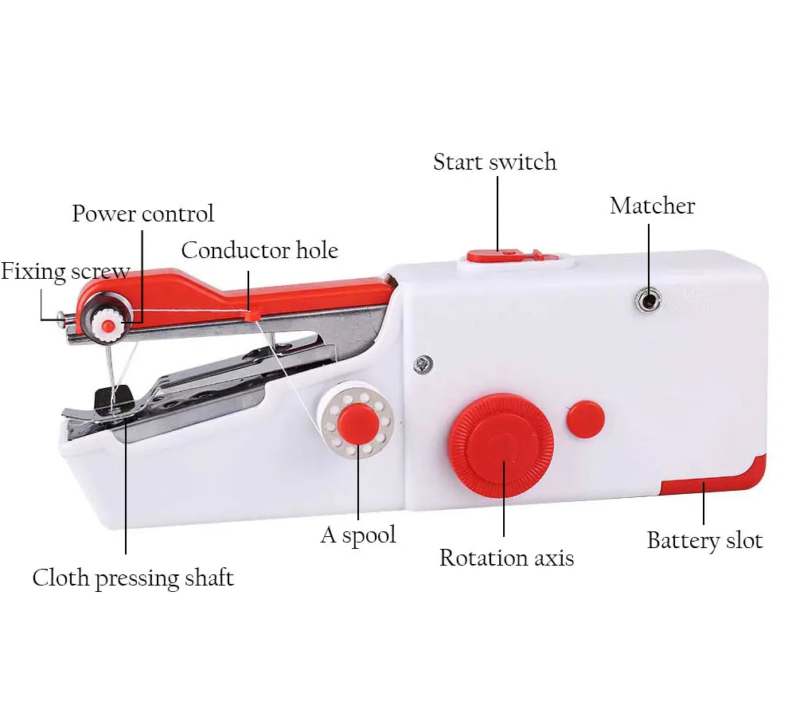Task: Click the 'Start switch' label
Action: pyautogui.click(x=494, y=162)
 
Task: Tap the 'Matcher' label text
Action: pyautogui.click(x=653, y=206)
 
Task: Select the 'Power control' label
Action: pyautogui.click(x=142, y=214)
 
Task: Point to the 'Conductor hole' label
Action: pyautogui.click(x=259, y=250)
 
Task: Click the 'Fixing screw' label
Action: pyautogui.click(x=65, y=272)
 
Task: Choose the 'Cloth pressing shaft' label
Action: pyautogui.click(x=133, y=578)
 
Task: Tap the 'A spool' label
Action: pyautogui.click(x=358, y=535)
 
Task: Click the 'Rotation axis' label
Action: pyautogui.click(x=506, y=558)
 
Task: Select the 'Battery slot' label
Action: pyautogui.click(x=704, y=540)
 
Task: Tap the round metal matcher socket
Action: pyautogui.click(x=648, y=301)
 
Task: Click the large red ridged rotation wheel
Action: pyautogui.click(x=501, y=445)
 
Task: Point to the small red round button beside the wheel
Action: pyautogui.click(x=586, y=419)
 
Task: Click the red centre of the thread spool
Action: pyautogui.click(x=358, y=424)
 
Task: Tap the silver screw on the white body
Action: pyautogui.click(x=423, y=364)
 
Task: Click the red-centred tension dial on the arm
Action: pyautogui.click(x=107, y=324)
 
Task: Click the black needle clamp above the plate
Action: pyautogui.click(x=113, y=398)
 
